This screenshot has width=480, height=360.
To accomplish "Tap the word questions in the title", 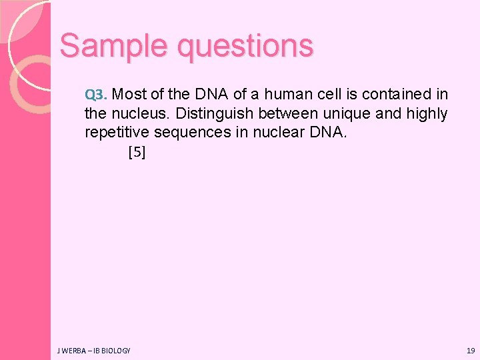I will pos(245,47).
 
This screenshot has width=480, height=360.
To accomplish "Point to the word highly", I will pos(425,113).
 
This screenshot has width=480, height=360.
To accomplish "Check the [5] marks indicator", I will pos(137,152).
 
